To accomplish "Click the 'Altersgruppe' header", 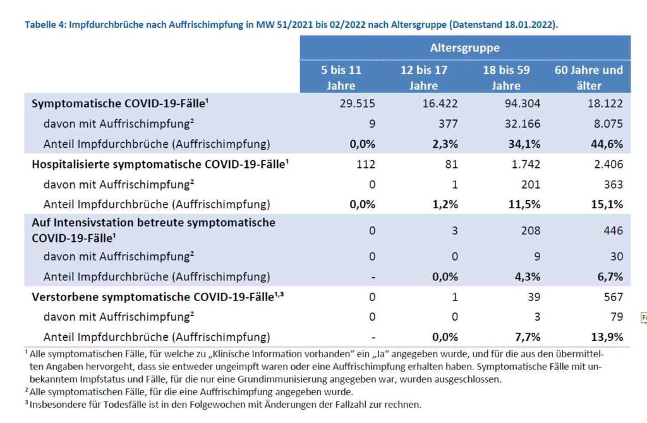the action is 464,48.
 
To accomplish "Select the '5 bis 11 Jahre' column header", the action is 341,78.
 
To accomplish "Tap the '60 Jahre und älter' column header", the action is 589,78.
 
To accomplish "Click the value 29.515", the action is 358,104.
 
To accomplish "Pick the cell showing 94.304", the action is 523,104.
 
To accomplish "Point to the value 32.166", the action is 523,124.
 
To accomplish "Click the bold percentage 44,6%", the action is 607,144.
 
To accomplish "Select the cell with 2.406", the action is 608,164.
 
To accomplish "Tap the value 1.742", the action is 526,164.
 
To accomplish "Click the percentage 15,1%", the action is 607,204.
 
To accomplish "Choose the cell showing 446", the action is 613,230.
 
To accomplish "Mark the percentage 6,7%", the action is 610,277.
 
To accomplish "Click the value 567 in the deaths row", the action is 613,297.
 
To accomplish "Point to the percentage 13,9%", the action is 607,337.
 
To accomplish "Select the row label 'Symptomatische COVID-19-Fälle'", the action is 120,104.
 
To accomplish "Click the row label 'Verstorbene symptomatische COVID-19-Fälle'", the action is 157,297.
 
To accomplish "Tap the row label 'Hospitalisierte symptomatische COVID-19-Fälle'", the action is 160,164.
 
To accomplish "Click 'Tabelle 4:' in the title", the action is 45,25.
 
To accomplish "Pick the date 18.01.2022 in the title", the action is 529,25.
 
